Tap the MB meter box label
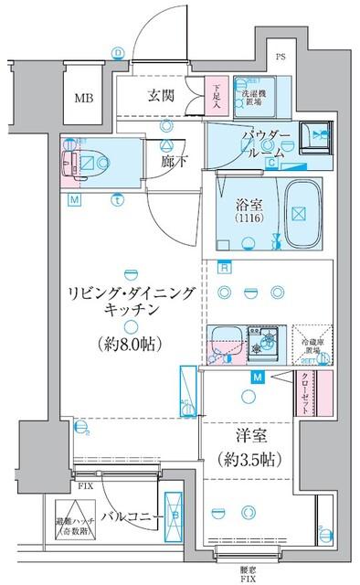click(x=84, y=98)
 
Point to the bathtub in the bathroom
click(x=296, y=212)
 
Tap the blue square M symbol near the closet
click(x=258, y=377)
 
